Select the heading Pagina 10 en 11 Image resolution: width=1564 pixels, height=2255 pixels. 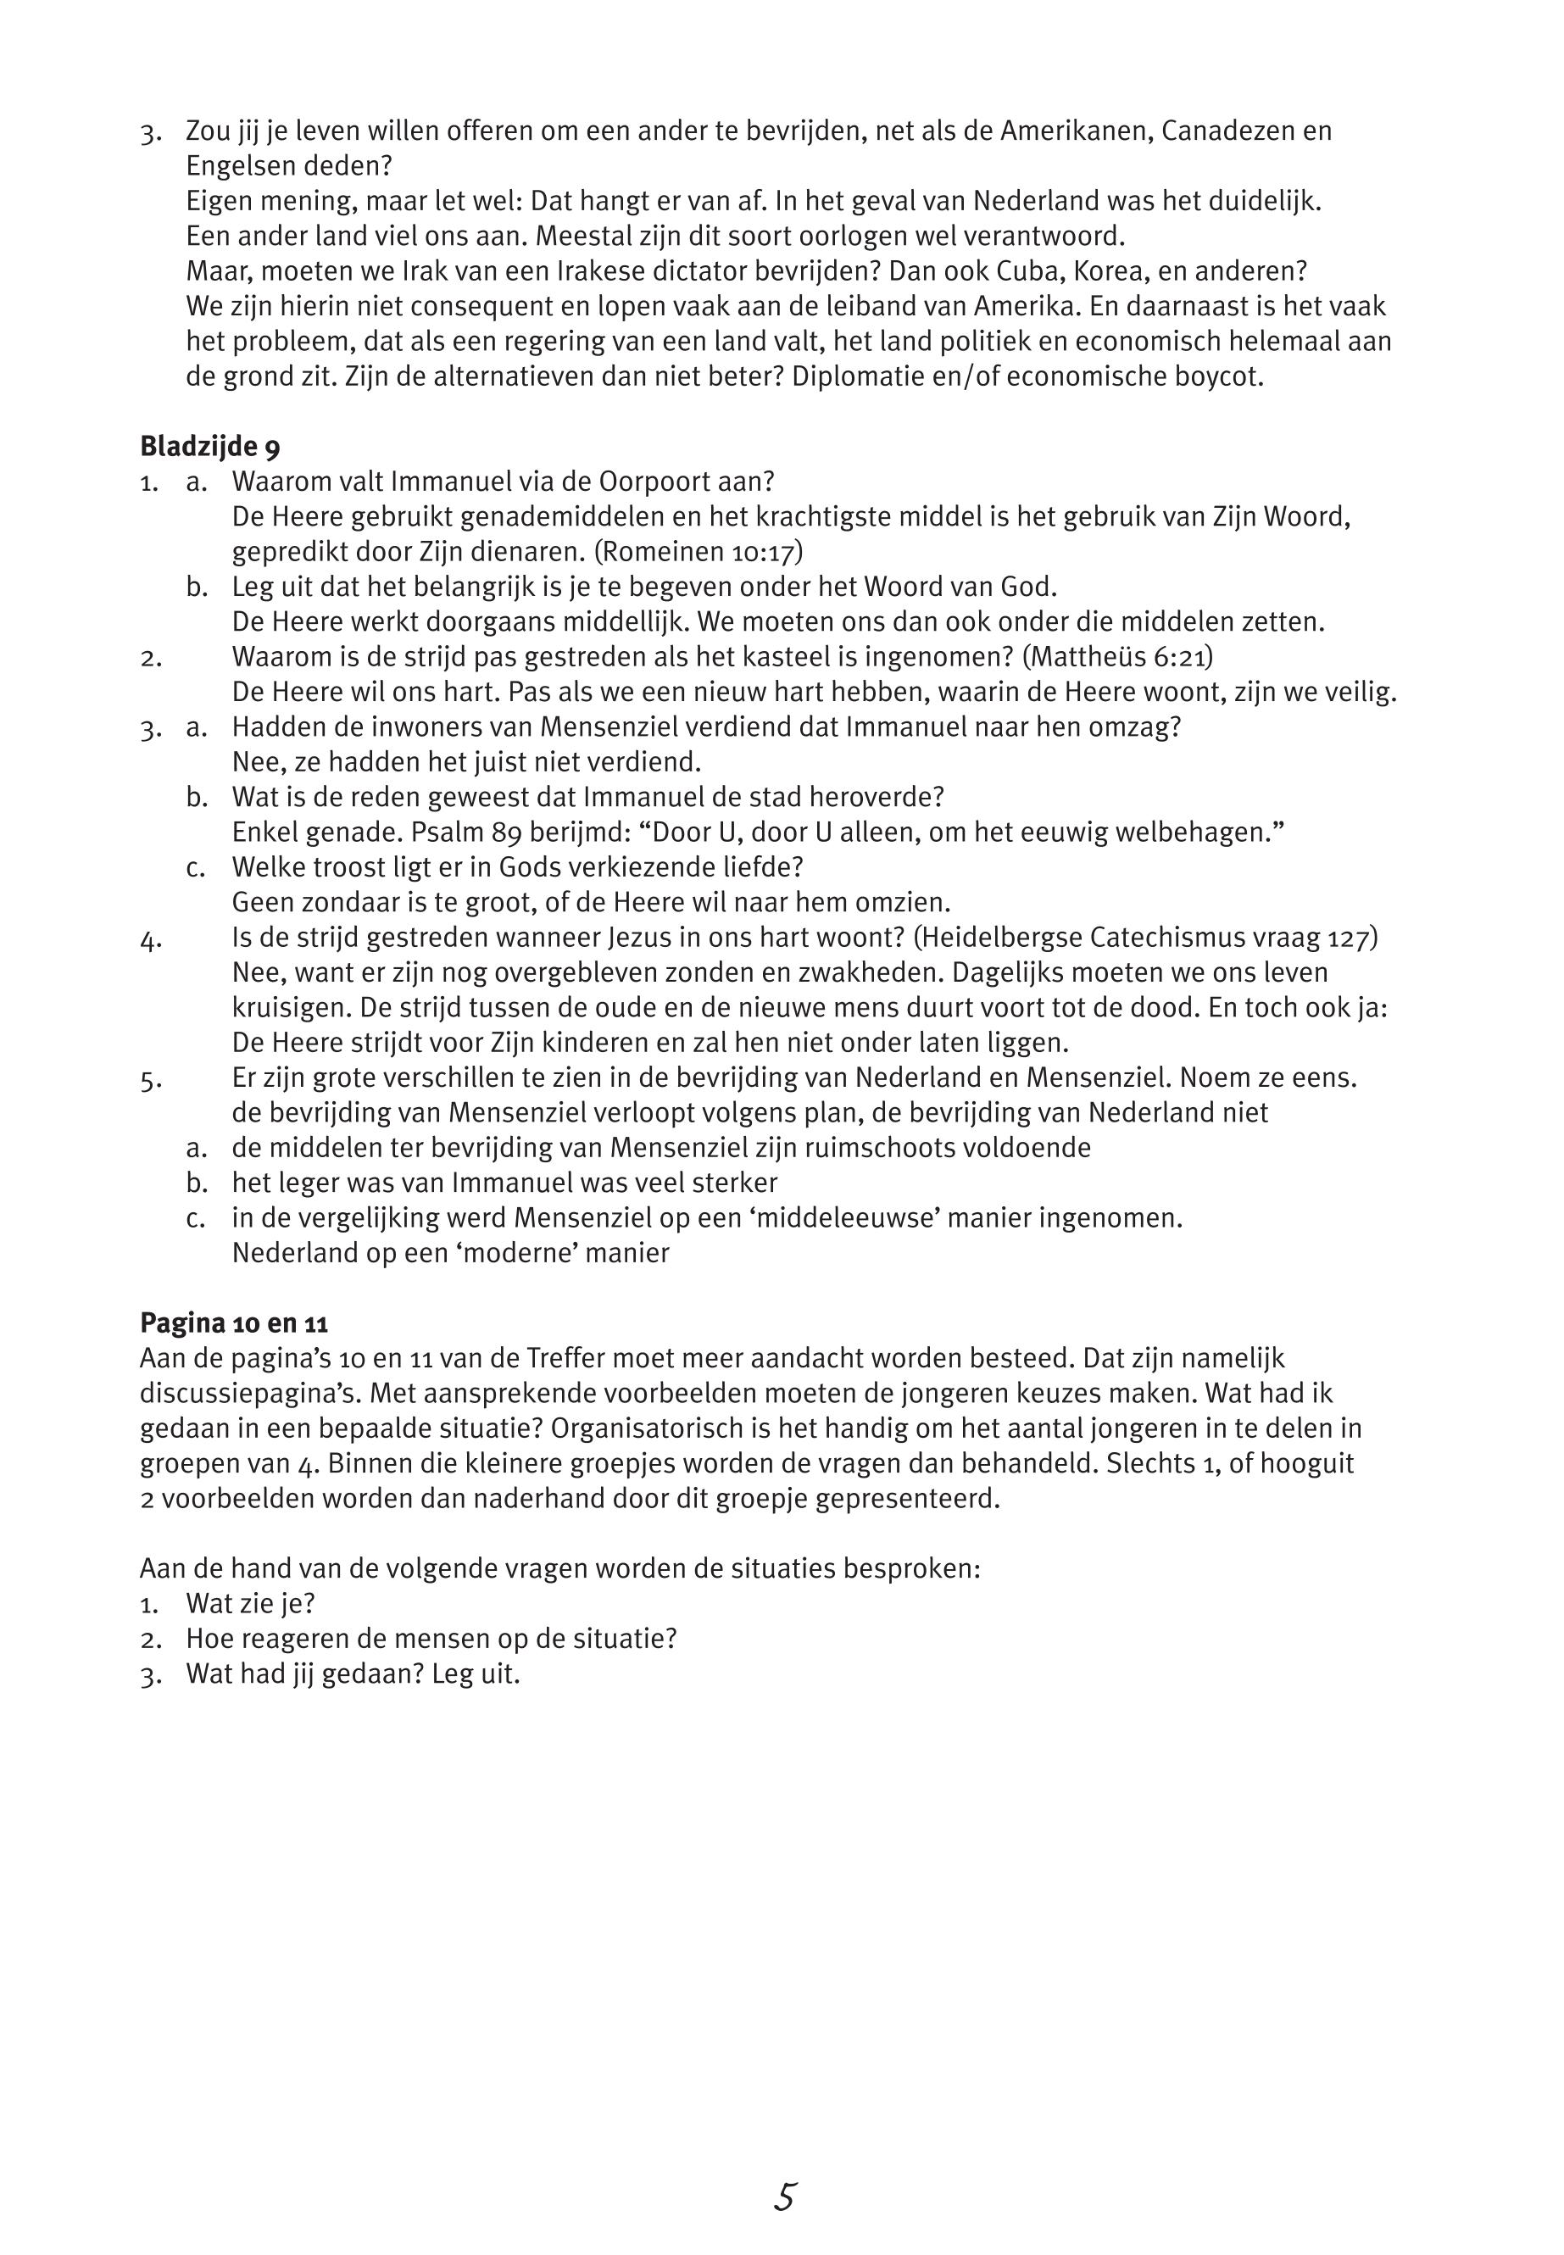coord(233,1323)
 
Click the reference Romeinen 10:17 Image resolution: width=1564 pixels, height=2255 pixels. coord(698,552)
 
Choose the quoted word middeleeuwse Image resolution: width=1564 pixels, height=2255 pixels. coord(918,1218)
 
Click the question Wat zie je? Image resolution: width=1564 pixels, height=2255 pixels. coord(250,1603)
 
